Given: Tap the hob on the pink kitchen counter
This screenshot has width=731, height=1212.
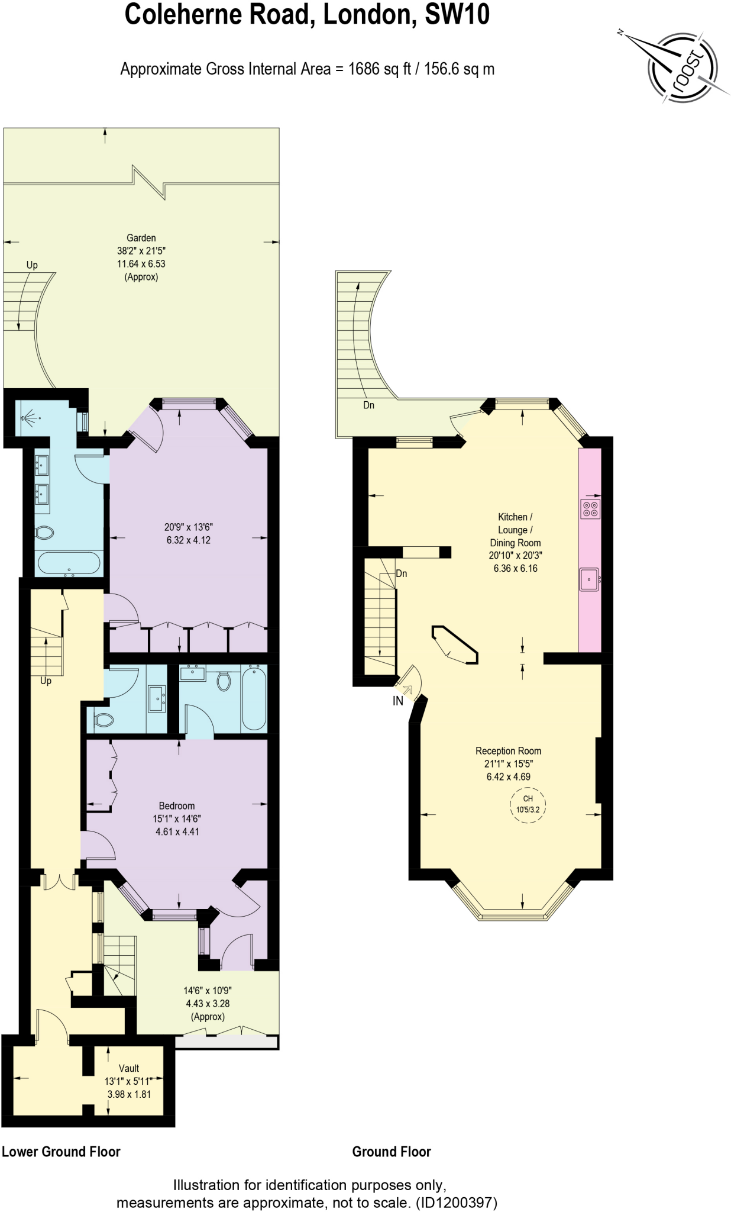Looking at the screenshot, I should tap(590, 509).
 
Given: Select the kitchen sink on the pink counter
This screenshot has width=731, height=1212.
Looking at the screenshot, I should tap(589, 579).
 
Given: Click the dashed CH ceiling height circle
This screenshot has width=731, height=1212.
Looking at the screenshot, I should tap(528, 804).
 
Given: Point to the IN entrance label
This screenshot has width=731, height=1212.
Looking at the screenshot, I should tap(398, 701).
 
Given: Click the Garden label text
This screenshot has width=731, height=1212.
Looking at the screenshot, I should tap(141, 238).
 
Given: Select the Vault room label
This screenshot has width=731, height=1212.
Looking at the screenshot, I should tap(129, 1068).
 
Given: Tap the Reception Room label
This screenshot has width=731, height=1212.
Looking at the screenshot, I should tap(508, 751).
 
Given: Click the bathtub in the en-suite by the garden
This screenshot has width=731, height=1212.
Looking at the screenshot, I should tap(69, 563).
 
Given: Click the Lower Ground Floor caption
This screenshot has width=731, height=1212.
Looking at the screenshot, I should tap(61, 1152).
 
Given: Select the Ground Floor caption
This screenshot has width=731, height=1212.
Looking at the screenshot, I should tap(392, 1152).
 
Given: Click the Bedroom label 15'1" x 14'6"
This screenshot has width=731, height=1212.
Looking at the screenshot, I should tap(177, 818).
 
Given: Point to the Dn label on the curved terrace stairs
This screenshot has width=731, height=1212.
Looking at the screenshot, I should tap(368, 405).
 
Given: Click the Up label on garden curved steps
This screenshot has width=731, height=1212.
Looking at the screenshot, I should tap(32, 265).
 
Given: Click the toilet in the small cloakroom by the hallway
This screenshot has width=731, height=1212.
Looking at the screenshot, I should tap(104, 720).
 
